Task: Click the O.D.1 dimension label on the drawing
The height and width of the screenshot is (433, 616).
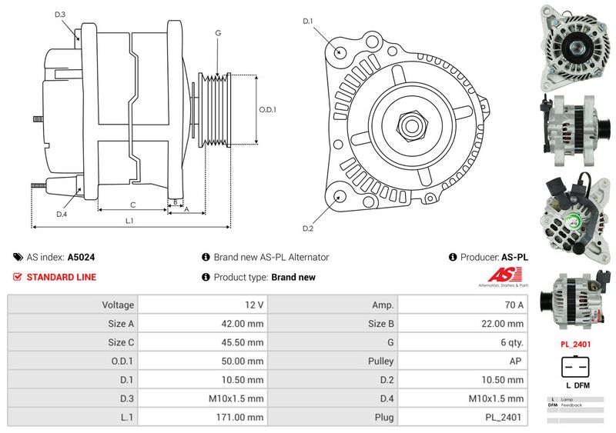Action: pyautogui.click(x=267, y=109)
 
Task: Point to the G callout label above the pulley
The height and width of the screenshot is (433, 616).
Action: pyautogui.click(x=219, y=33)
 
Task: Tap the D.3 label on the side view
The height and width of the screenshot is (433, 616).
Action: pyautogui.click(x=60, y=15)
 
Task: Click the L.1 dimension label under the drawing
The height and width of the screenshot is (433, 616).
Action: pyautogui.click(x=129, y=221)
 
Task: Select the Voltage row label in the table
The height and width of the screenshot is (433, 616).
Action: pyautogui.click(x=118, y=305)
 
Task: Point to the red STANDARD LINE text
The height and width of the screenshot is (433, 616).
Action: pyautogui.click(x=62, y=277)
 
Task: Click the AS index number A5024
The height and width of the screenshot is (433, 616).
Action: pyautogui.click(x=82, y=258)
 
